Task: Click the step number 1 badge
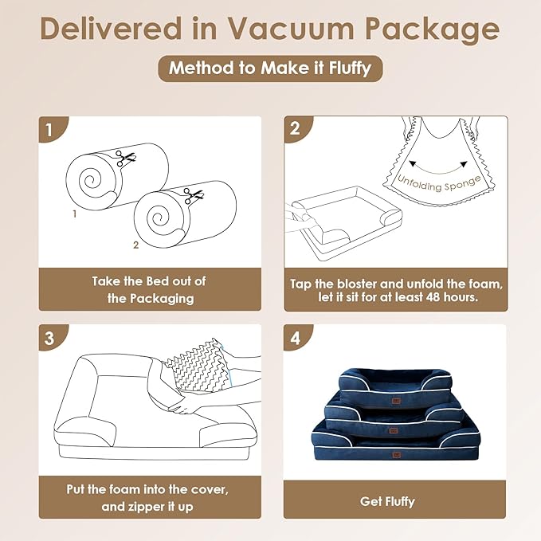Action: (50, 129)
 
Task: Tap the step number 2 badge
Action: (296, 129)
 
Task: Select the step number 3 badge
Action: (50, 338)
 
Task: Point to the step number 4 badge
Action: (296, 338)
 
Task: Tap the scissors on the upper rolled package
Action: (123, 158)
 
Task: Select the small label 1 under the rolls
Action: (74, 214)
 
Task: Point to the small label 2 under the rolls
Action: (136, 245)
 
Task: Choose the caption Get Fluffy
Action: (387, 502)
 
